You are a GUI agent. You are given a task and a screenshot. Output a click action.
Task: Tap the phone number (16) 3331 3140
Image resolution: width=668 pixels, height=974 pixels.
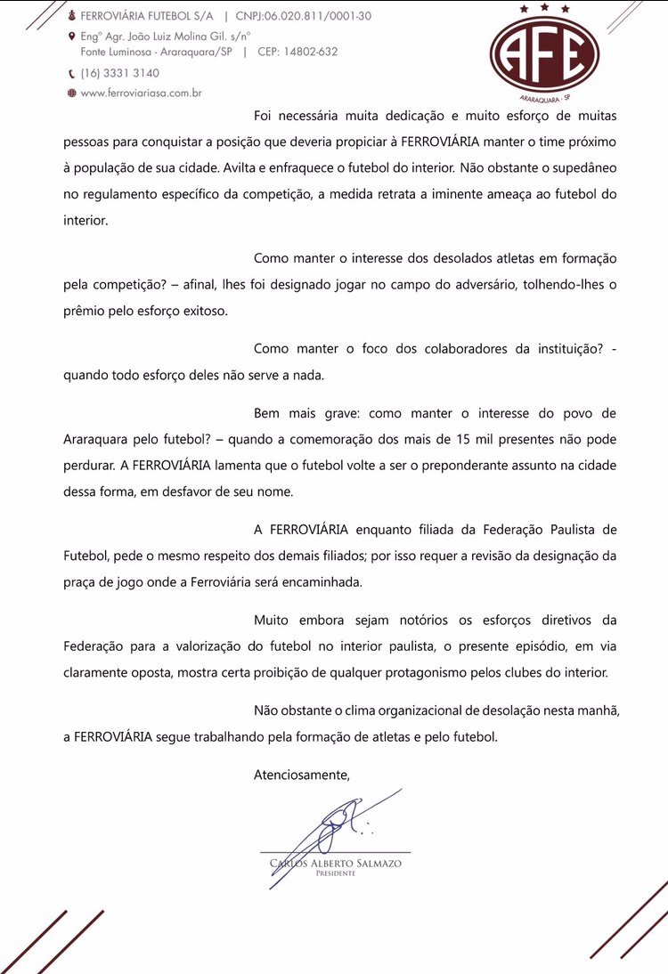pyautogui.click(x=120, y=73)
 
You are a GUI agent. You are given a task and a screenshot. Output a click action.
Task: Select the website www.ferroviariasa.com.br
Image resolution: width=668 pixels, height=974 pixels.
pyautogui.click(x=141, y=93)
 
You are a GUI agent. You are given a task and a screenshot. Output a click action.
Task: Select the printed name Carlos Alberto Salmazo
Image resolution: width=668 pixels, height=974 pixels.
pyautogui.click(x=335, y=863)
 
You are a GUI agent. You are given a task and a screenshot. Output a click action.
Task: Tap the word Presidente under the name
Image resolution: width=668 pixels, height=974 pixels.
pyautogui.click(x=335, y=873)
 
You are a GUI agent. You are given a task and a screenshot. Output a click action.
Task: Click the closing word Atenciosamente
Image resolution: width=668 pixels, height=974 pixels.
pyautogui.click(x=302, y=775)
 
